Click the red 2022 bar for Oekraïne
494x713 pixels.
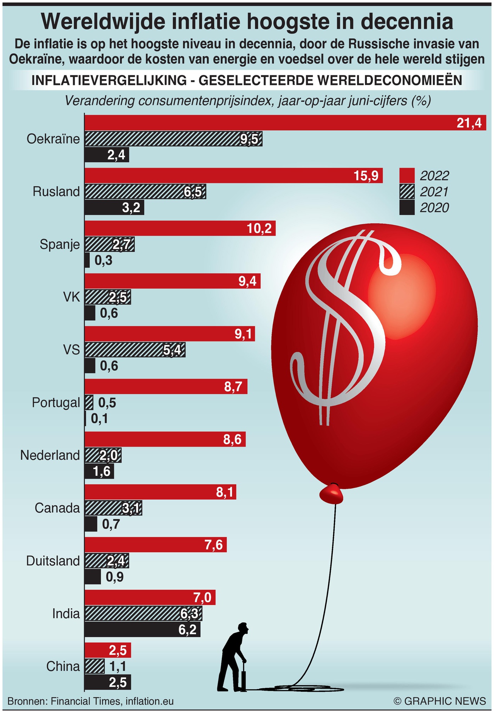click(x=271, y=123)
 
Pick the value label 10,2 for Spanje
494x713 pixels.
click(x=259, y=229)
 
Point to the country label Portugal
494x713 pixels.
click(x=56, y=402)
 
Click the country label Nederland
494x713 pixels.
click(x=50, y=455)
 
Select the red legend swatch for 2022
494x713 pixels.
click(x=407, y=176)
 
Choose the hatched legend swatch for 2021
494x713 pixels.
click(x=407, y=192)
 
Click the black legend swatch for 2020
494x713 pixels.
click(x=407, y=207)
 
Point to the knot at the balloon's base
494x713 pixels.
click(x=331, y=493)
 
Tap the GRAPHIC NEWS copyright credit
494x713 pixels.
click(x=439, y=701)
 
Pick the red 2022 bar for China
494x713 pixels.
click(x=108, y=650)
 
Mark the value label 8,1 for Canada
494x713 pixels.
click(x=225, y=492)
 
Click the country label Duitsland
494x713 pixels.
click(x=53, y=560)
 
